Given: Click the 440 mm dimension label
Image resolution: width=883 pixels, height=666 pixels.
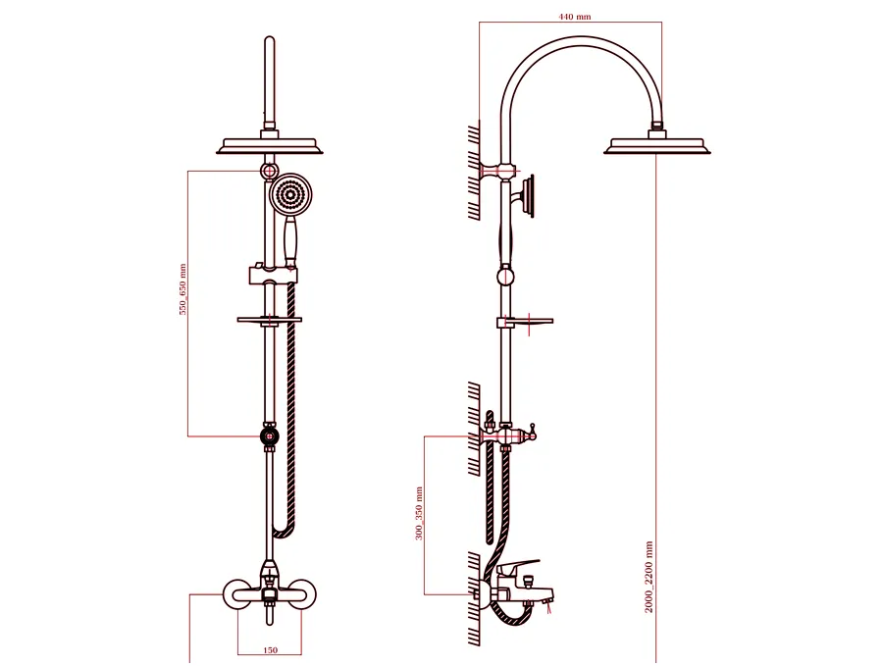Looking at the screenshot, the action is pos(574,17).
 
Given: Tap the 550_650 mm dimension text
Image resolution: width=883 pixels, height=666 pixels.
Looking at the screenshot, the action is pos(182,289).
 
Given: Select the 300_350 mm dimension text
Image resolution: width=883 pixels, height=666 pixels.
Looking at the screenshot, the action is pos(419,513).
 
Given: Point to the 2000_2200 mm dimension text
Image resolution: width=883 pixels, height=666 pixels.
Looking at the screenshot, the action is pos(649,577).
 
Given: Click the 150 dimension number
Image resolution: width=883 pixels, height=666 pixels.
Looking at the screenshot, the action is pos(271,650).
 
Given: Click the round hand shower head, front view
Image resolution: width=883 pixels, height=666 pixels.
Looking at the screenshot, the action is pos(290,195).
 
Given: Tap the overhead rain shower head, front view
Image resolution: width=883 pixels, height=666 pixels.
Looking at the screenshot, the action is pos(270,145).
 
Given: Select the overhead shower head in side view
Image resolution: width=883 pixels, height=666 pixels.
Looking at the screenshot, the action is pos(656,145).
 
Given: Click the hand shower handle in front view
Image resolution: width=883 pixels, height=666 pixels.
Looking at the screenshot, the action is pos(290,242).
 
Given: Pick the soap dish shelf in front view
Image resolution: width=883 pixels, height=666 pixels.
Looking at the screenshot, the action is pos(270,320).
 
